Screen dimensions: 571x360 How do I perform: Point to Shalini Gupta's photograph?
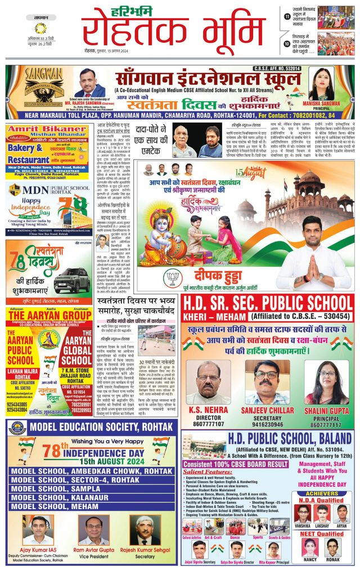point(326,376)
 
